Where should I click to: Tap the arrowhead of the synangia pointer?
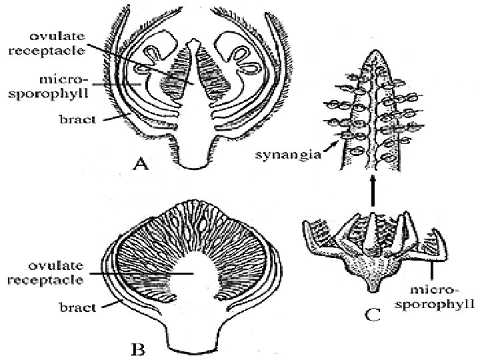tap(341, 139)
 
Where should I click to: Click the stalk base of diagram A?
tap(194, 160)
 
